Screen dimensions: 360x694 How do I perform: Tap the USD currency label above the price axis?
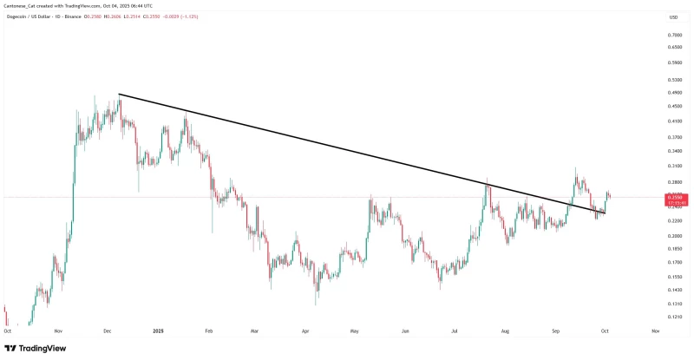click(x=673, y=17)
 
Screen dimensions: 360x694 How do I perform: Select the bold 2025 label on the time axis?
click(x=158, y=331)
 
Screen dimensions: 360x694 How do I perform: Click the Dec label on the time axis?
click(x=107, y=331)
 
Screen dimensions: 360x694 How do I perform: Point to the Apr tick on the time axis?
click(x=305, y=331)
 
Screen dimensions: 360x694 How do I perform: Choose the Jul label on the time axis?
click(x=455, y=331)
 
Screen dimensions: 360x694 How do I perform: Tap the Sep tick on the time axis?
click(x=556, y=331)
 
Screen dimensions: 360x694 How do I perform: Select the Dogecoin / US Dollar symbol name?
click(x=33, y=17)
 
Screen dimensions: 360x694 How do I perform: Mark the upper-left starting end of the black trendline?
click(x=119, y=94)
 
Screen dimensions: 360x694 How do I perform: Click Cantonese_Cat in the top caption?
click(x=23, y=6)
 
